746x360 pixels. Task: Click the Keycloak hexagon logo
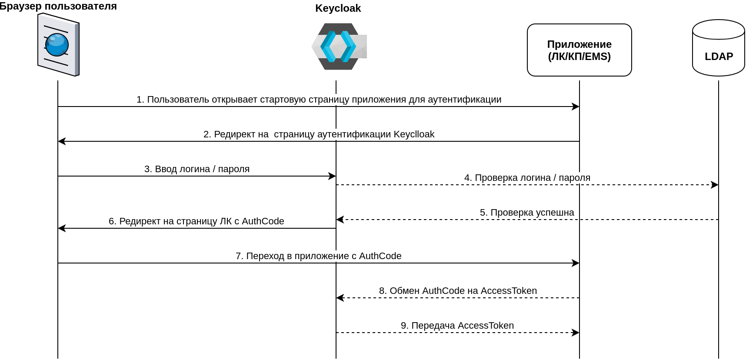click(x=339, y=47)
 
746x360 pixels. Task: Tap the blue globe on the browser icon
click(x=57, y=45)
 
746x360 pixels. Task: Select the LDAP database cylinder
click(x=718, y=48)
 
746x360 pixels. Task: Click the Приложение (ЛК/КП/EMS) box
click(x=579, y=50)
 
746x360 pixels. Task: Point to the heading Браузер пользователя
click(x=58, y=6)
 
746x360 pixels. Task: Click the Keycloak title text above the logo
click(x=338, y=8)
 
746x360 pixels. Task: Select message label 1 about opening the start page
click(x=319, y=100)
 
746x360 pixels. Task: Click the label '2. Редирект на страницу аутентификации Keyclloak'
click(x=319, y=134)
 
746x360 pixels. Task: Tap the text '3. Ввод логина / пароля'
click(x=197, y=169)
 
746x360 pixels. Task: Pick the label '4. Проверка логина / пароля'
click(x=527, y=178)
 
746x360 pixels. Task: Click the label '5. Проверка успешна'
click(x=527, y=213)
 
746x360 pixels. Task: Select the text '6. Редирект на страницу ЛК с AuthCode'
click(x=196, y=221)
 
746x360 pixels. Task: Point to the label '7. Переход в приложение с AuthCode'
click(x=318, y=256)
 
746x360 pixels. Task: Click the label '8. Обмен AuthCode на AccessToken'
click(x=458, y=291)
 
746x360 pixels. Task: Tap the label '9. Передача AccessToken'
click(x=457, y=326)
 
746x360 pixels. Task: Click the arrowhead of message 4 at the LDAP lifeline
click(x=715, y=185)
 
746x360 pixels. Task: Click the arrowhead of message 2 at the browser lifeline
click(x=62, y=141)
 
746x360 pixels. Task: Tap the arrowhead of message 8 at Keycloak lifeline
click(x=340, y=298)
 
